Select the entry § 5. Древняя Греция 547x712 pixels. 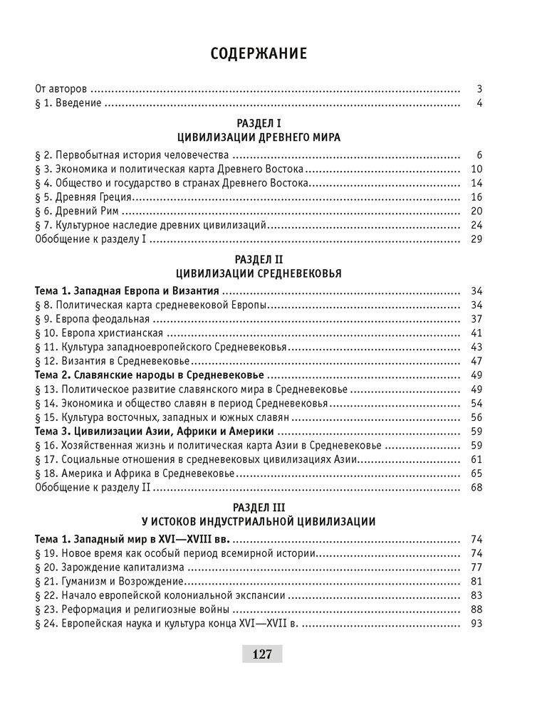point(84,197)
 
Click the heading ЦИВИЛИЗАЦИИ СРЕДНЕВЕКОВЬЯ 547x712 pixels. point(259,273)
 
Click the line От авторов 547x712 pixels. point(61,90)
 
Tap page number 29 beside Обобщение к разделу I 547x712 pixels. point(477,239)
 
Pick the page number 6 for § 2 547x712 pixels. point(480,155)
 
